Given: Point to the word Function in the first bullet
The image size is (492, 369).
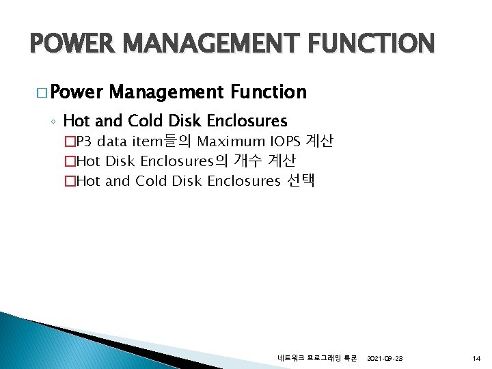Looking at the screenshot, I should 269,92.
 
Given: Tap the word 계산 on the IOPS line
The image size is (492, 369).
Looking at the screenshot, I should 320,142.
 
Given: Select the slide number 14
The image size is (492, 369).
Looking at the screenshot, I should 476,358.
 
